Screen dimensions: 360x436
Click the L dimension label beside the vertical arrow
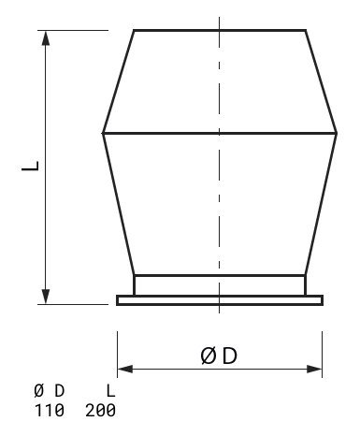click(x=30, y=166)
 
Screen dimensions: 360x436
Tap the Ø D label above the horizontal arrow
click(x=219, y=356)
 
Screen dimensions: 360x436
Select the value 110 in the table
click(x=49, y=410)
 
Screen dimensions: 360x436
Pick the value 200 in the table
click(x=100, y=410)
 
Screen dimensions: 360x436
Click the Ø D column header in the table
click(x=49, y=390)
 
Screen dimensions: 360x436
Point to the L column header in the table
click(x=111, y=390)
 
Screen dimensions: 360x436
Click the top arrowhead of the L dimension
click(x=46, y=38)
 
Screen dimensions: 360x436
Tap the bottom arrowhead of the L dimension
click(x=46, y=297)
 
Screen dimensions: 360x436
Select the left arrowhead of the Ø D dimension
click(x=125, y=369)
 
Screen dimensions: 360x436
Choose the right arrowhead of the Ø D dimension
click(x=314, y=369)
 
